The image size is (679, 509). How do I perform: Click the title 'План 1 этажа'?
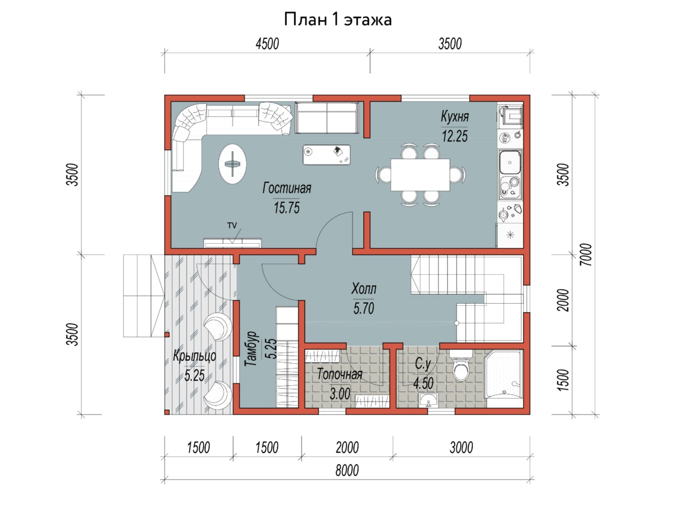pos(338,20)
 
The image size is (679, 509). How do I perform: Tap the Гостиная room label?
pos(287,188)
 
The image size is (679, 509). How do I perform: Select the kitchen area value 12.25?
pos(454,136)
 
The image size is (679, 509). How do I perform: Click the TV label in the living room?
pos(232,225)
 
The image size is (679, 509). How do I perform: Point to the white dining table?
pos(420,175)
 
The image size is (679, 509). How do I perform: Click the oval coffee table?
pos(233,164)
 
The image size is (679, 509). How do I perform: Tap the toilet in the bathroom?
pos(461,366)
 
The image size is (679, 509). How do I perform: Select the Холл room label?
pos(364,288)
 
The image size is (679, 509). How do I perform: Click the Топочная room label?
pos(339,374)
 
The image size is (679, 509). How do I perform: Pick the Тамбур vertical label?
pos(251,349)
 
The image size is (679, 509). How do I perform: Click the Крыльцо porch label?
pos(195,356)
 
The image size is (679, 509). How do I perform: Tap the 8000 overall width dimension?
pos(347,471)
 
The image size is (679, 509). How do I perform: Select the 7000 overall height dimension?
pos(586,255)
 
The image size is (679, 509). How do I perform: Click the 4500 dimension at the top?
pos(267,44)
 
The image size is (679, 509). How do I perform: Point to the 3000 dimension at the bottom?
pos(461,447)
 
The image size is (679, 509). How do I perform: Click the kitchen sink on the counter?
pos(509,162)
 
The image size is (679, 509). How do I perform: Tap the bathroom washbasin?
pos(428,400)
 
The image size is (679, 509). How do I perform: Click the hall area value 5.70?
pos(364,308)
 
